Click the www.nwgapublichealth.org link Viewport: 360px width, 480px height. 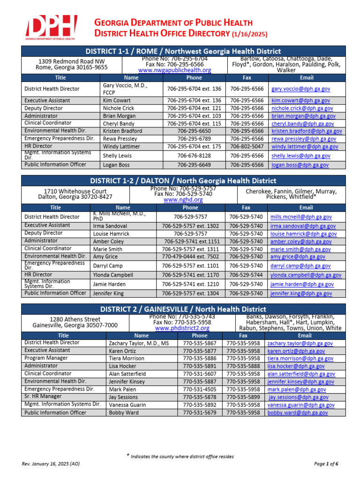tap(175, 70)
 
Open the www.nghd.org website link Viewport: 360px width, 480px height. tap(183, 200)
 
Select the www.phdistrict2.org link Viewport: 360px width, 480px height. tap(182, 329)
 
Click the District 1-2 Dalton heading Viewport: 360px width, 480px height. tap(183, 180)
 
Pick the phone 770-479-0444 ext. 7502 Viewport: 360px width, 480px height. tap(190, 257)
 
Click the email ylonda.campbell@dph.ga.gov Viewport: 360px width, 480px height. tap(305, 275)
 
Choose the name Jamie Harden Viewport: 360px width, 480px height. tap(109, 285)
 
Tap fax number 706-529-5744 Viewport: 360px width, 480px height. tap(246, 275)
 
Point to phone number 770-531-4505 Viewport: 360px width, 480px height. tap(199, 390)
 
